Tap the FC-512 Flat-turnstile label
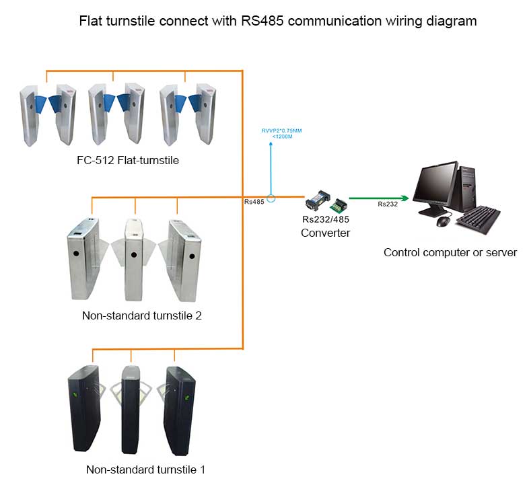pyautogui.click(x=127, y=161)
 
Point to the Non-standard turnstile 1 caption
pyautogui.click(x=145, y=469)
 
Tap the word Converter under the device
pyautogui.click(x=326, y=233)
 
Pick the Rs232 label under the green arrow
pyautogui.click(x=387, y=204)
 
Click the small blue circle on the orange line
pyautogui.click(x=271, y=198)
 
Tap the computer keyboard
pyautogui.click(x=478, y=219)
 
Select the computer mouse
pyautogui.click(x=442, y=221)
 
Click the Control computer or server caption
pyautogui.click(x=450, y=253)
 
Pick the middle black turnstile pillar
pyautogui.click(x=131, y=410)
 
